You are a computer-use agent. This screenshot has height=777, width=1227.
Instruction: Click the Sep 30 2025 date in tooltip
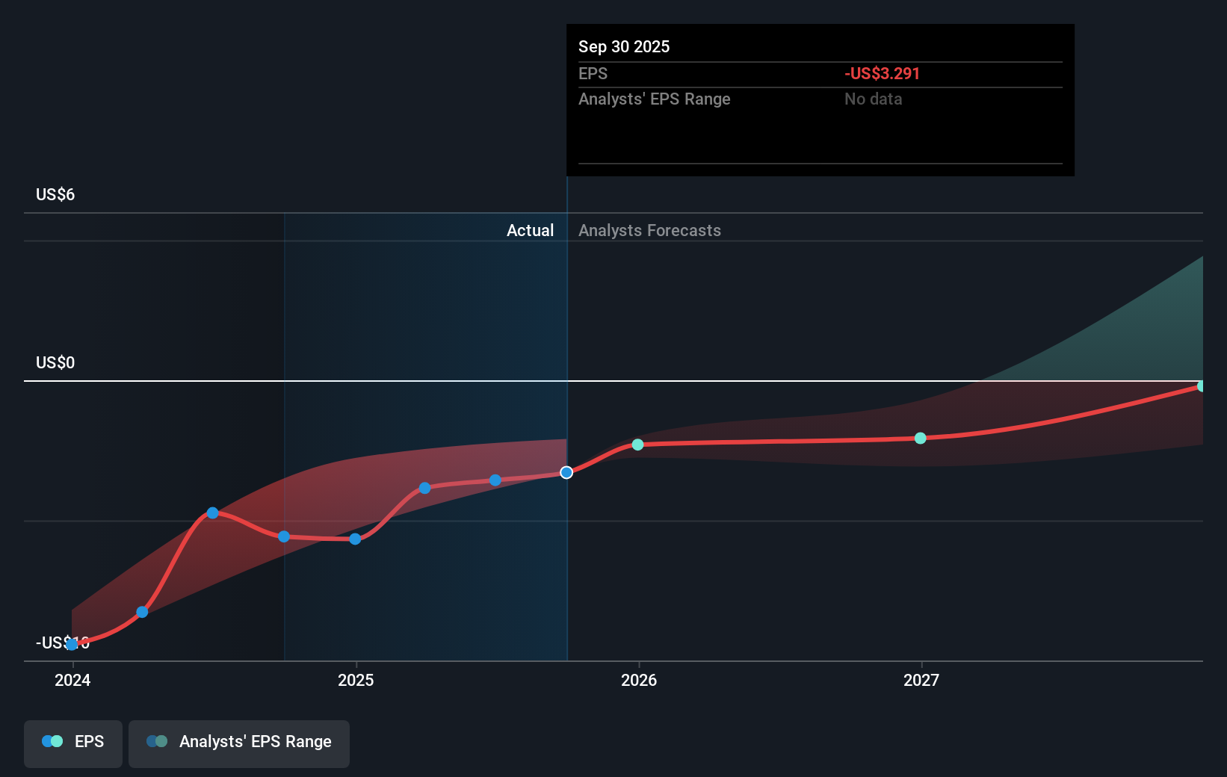pos(624,46)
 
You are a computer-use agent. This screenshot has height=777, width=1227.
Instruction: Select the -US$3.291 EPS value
pos(882,73)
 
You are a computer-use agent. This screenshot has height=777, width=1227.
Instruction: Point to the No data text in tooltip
pos(873,99)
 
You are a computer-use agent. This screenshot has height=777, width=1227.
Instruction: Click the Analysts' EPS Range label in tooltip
pos(654,99)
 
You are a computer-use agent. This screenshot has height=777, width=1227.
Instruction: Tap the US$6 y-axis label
pos(55,194)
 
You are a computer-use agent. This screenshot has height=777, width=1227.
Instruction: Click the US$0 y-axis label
pos(55,362)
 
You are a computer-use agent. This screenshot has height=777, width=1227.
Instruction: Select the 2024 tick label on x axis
pos(72,680)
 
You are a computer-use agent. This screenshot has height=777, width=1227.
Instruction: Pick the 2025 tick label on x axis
pos(356,680)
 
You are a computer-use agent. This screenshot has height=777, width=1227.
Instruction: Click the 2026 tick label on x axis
pos(639,680)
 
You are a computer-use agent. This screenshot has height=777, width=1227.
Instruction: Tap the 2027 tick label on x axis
pos(921,680)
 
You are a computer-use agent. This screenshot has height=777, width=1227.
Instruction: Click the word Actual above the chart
pos(530,230)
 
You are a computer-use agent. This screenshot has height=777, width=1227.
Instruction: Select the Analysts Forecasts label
pos(649,230)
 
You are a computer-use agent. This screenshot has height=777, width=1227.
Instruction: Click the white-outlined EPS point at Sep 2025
pos(566,472)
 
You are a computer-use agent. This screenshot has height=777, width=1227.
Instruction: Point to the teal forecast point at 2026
pos(637,445)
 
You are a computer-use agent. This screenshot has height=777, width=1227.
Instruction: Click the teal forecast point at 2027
pos(921,438)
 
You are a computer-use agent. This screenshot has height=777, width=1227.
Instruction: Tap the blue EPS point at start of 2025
pos(355,539)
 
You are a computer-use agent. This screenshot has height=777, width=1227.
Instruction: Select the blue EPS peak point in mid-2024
pos(212,513)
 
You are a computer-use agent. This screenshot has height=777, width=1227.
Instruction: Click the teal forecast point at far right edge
pos(1201,386)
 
